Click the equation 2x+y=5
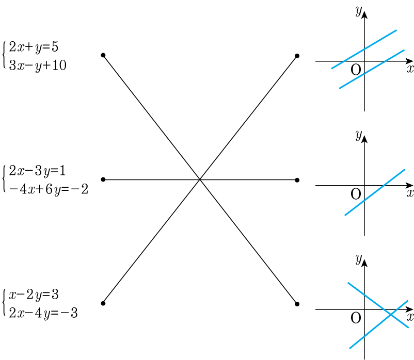pos(34,47)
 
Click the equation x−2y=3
pos(34,294)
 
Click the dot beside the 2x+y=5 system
pos(103,55)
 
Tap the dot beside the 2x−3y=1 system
pos(103,179)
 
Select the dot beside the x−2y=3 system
pos(103,303)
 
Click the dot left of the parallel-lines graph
pos(297,56)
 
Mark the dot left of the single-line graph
pos(297,180)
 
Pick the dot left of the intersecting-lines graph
pos(297,303)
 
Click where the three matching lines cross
pos(200,179)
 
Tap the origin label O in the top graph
pos(356,70)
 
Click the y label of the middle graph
pos(358,136)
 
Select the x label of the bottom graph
pos(410,316)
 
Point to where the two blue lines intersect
pos(391,315)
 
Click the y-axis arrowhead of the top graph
pos(364,14)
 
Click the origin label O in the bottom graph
pos(356,318)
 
